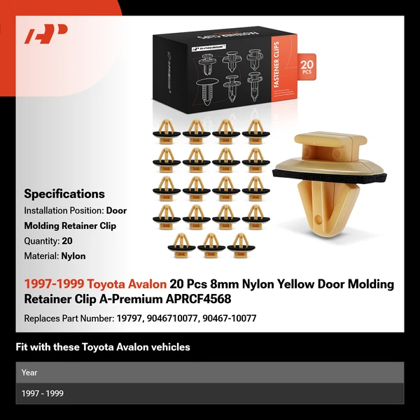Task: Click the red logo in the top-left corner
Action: (45, 34)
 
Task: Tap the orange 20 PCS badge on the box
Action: (307, 66)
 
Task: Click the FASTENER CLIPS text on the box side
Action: (277, 64)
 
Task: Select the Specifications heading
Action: (64, 194)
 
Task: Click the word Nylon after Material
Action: (73, 256)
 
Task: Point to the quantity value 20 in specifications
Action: (67, 241)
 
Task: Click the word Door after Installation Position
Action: (116, 211)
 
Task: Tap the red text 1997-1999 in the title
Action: (55, 284)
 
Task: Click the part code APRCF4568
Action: (198, 299)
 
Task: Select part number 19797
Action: (129, 318)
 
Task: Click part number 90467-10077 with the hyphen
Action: (230, 318)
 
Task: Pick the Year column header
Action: (29, 372)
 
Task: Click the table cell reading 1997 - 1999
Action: (42, 393)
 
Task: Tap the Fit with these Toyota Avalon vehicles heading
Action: (103, 347)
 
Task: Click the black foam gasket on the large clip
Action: (330, 178)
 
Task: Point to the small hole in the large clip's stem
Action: (318, 220)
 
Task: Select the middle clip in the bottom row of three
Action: (211, 246)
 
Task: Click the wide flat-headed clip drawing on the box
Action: (207, 92)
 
